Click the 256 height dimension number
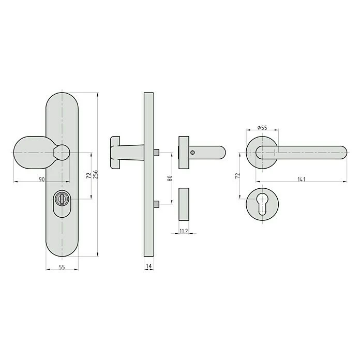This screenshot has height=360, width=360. [96, 175]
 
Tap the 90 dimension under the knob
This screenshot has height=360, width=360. [41, 179]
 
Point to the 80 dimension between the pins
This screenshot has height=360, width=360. [169, 179]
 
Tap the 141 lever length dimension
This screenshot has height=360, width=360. [302, 179]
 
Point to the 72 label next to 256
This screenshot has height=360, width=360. [88, 175]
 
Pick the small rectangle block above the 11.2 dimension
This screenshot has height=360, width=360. [184, 205]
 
